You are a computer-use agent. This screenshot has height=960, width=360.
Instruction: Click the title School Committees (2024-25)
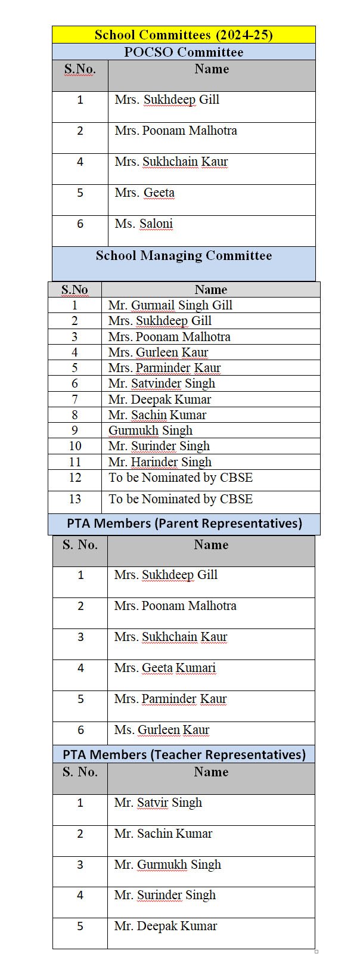[184, 35]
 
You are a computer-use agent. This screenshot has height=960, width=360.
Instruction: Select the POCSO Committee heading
[184, 52]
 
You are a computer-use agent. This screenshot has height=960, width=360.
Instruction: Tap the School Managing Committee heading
[184, 256]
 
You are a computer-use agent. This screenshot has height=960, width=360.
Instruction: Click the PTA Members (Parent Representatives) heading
[184, 524]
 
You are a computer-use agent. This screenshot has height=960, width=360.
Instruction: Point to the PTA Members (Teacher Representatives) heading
[184, 754]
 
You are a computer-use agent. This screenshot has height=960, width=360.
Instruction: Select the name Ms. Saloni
[144, 224]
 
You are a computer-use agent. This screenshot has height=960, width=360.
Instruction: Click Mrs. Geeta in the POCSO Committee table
[145, 193]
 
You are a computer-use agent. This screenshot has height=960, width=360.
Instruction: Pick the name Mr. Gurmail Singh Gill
[170, 305]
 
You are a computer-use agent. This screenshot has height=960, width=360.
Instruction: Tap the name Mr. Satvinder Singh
[162, 383]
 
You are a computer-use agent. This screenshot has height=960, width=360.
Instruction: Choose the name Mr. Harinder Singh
[160, 462]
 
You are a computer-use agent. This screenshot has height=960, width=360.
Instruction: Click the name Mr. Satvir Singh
[158, 803]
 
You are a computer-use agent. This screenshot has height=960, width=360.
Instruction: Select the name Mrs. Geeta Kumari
[165, 668]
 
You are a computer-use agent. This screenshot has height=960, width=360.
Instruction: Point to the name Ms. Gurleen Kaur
[162, 730]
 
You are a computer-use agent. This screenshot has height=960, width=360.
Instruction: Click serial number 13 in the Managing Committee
[75, 499]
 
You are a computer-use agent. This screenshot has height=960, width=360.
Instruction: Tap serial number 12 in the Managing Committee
[75, 478]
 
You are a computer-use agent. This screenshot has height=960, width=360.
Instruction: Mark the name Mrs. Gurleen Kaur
[158, 352]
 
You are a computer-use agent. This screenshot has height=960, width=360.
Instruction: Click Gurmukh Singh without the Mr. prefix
[150, 431]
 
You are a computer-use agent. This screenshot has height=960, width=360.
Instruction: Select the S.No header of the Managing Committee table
[75, 290]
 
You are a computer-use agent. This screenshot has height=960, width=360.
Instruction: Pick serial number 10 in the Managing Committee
[75, 446]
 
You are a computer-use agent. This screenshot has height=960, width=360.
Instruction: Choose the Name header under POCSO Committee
[212, 69]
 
